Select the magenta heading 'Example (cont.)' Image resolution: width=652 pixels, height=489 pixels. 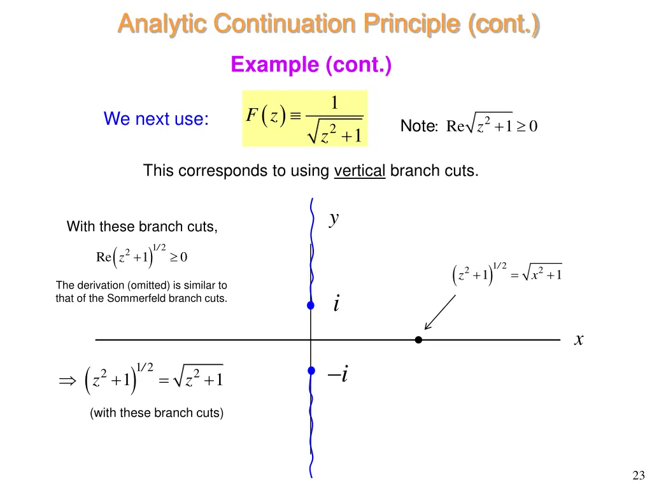click(311, 64)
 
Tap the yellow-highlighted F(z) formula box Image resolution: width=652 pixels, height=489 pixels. click(305, 118)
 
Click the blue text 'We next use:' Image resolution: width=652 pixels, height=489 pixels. click(156, 119)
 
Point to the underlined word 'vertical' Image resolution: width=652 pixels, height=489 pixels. click(360, 171)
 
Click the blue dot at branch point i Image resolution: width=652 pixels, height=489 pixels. click(311, 306)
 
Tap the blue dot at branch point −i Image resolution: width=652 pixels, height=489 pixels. click(311, 371)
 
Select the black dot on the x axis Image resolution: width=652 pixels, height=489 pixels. click(418, 340)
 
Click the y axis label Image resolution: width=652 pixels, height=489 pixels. click(334, 219)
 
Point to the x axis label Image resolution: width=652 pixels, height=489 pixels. click(579, 340)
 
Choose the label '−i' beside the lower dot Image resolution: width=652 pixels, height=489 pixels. click(338, 375)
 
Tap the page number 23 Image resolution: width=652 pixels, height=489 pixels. click(639, 475)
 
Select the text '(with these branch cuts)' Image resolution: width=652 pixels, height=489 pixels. click(157, 413)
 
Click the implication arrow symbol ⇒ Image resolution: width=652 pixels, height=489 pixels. click(67, 381)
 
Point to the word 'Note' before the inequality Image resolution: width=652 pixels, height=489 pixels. click(417, 127)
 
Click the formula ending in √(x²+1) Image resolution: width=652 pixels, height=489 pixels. click(506, 274)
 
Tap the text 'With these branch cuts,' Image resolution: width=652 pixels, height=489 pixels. click(142, 227)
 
